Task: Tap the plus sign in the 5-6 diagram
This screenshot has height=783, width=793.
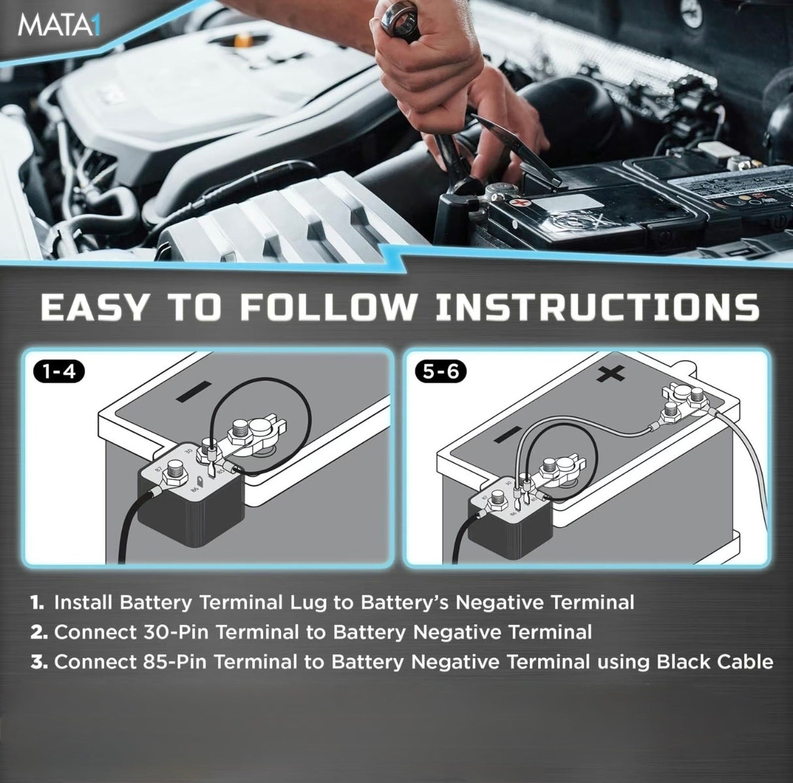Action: click(610, 374)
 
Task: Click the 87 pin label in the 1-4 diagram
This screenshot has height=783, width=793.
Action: click(159, 470)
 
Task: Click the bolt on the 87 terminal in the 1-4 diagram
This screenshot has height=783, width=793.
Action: click(176, 469)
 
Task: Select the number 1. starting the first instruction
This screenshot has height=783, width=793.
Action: click(37, 601)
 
